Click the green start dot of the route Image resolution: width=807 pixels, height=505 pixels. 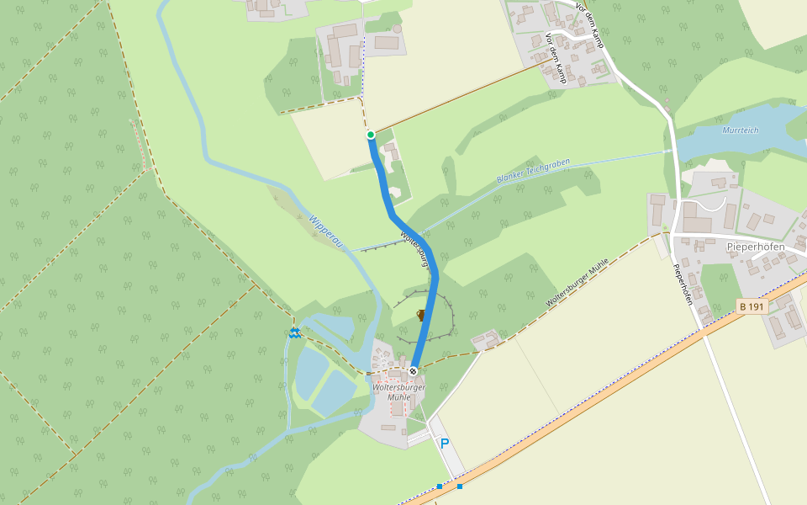370,135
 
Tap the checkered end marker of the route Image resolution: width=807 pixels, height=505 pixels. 413,371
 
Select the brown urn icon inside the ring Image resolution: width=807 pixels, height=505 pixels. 421,315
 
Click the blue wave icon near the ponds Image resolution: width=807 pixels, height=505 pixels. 294,333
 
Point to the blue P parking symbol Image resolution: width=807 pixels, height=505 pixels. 444,444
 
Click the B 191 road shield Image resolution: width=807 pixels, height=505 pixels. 752,307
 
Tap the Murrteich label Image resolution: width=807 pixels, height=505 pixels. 740,130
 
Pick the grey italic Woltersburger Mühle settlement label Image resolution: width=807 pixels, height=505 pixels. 398,392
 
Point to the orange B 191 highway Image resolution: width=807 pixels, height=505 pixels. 588,395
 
